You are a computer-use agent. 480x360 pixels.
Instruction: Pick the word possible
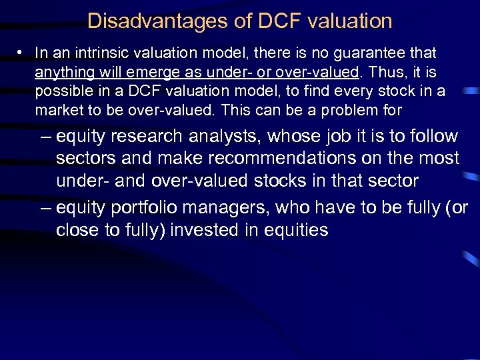58,91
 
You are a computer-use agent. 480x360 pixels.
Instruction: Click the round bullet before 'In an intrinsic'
21,52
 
